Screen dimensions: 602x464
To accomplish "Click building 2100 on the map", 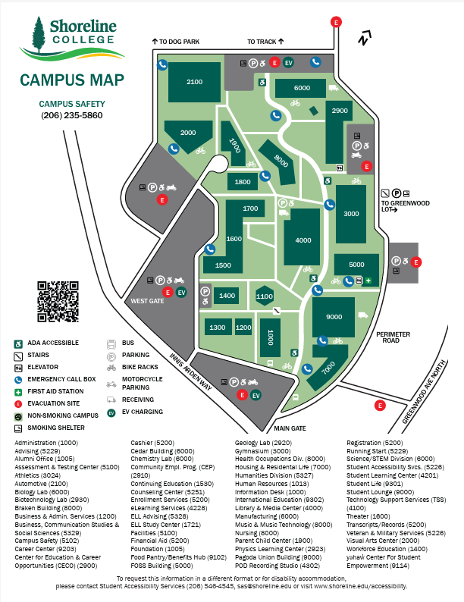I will point(194,82).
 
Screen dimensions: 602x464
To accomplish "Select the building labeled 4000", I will point(303,240).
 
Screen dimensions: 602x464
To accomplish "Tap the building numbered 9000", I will point(333,316).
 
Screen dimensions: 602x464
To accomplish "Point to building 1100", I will point(264,296).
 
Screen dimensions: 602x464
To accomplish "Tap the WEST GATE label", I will point(146,301).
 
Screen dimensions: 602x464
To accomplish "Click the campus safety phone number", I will point(72,116).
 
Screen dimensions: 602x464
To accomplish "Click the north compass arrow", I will point(367,36).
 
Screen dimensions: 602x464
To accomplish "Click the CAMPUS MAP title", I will point(72,81).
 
